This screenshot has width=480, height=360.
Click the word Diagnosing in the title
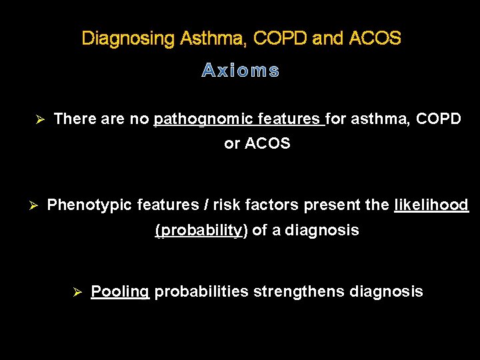tap(127, 39)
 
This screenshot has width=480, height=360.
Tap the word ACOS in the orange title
tap(375, 39)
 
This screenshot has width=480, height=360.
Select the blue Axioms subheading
tap(240, 71)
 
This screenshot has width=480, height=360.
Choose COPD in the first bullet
tap(438, 119)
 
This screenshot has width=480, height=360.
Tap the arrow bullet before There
tap(39, 120)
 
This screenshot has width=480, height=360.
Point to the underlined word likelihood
tap(431, 205)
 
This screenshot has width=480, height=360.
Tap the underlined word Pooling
tap(119, 291)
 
